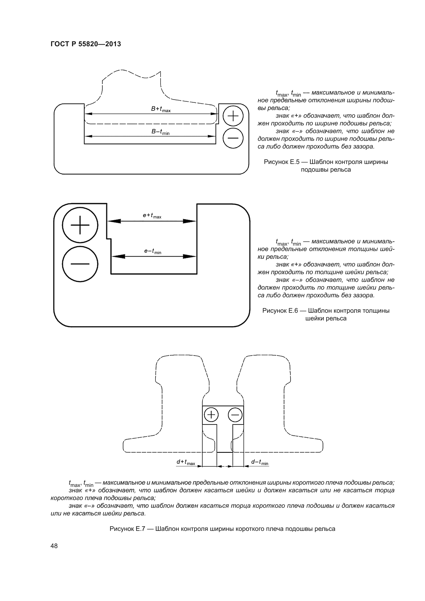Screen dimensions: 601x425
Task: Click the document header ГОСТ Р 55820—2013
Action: pos(86,44)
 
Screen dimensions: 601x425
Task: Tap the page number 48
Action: pos(54,546)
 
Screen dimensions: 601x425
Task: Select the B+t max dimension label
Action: pos(161,109)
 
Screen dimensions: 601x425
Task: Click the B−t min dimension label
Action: pos(160,132)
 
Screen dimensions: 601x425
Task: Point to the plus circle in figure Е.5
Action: pos(233,116)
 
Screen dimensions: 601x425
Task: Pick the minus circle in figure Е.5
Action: pos(233,138)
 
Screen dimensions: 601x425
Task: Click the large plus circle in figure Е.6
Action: pos(80,225)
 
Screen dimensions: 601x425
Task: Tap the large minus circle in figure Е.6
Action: pos(80,264)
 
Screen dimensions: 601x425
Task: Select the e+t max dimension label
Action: pos(152,215)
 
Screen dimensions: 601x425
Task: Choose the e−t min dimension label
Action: pos(153,251)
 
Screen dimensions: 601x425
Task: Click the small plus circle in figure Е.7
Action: pos(211,415)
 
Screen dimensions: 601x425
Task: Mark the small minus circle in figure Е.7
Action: pos(235,415)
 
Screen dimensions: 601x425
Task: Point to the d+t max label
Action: pos(186,462)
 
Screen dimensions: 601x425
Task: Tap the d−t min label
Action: pos(260,462)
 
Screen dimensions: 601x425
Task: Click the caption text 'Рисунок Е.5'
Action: pos(281,162)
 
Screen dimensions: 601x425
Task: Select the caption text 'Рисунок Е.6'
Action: pos(280,311)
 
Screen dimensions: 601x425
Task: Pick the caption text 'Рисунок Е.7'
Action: pos(127,529)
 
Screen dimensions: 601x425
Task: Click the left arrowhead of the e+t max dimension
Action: pos(114,221)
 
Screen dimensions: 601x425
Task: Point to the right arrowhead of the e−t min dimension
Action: pos(189,256)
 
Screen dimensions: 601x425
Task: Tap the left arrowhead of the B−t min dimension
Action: pos(89,136)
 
